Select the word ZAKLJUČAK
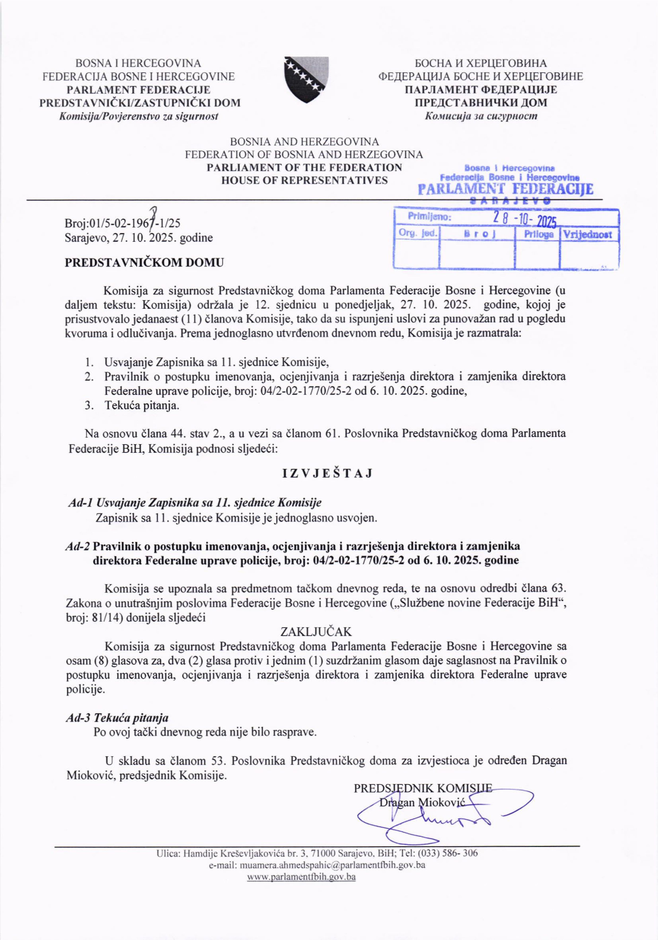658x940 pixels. pos(316,632)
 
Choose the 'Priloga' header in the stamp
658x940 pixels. pos(539,235)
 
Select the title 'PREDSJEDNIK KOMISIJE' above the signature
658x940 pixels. pos(423,788)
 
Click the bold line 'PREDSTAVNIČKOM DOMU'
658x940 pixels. pos(144,262)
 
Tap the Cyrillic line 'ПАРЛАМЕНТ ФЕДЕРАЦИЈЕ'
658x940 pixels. pos(481,90)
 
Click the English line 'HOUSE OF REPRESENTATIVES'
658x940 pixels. pos(304,180)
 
